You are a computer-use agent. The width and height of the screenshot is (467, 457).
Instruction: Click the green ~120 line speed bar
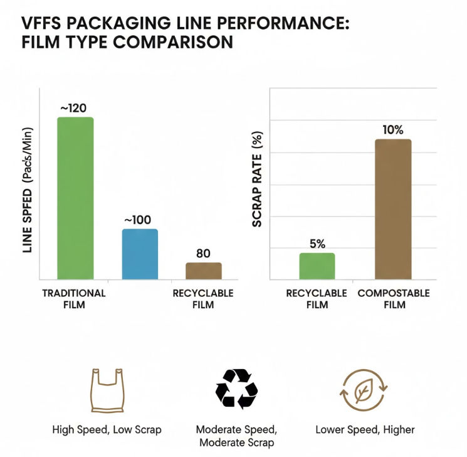point(75,198)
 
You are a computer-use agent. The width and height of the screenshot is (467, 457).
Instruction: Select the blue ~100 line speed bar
point(139,254)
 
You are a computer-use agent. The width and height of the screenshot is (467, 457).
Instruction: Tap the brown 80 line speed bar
point(204,271)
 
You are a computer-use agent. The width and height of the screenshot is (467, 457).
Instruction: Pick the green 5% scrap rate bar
point(317,266)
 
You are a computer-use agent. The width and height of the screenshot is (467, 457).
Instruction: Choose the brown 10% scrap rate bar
point(393,209)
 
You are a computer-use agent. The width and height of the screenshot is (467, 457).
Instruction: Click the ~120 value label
point(73,108)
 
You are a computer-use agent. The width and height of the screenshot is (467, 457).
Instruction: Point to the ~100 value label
point(138,220)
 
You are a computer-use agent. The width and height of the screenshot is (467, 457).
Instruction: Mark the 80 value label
point(203,254)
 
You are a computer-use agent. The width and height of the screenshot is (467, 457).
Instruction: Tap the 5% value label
point(317,244)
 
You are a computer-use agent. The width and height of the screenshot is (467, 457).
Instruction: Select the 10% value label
point(394,130)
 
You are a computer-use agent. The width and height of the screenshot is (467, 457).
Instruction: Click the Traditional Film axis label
point(74,299)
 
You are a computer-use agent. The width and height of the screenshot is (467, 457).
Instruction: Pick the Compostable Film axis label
point(394,299)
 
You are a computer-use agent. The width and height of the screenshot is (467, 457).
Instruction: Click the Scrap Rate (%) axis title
point(257,180)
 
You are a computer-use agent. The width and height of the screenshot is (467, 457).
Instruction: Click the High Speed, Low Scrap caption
point(107,430)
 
